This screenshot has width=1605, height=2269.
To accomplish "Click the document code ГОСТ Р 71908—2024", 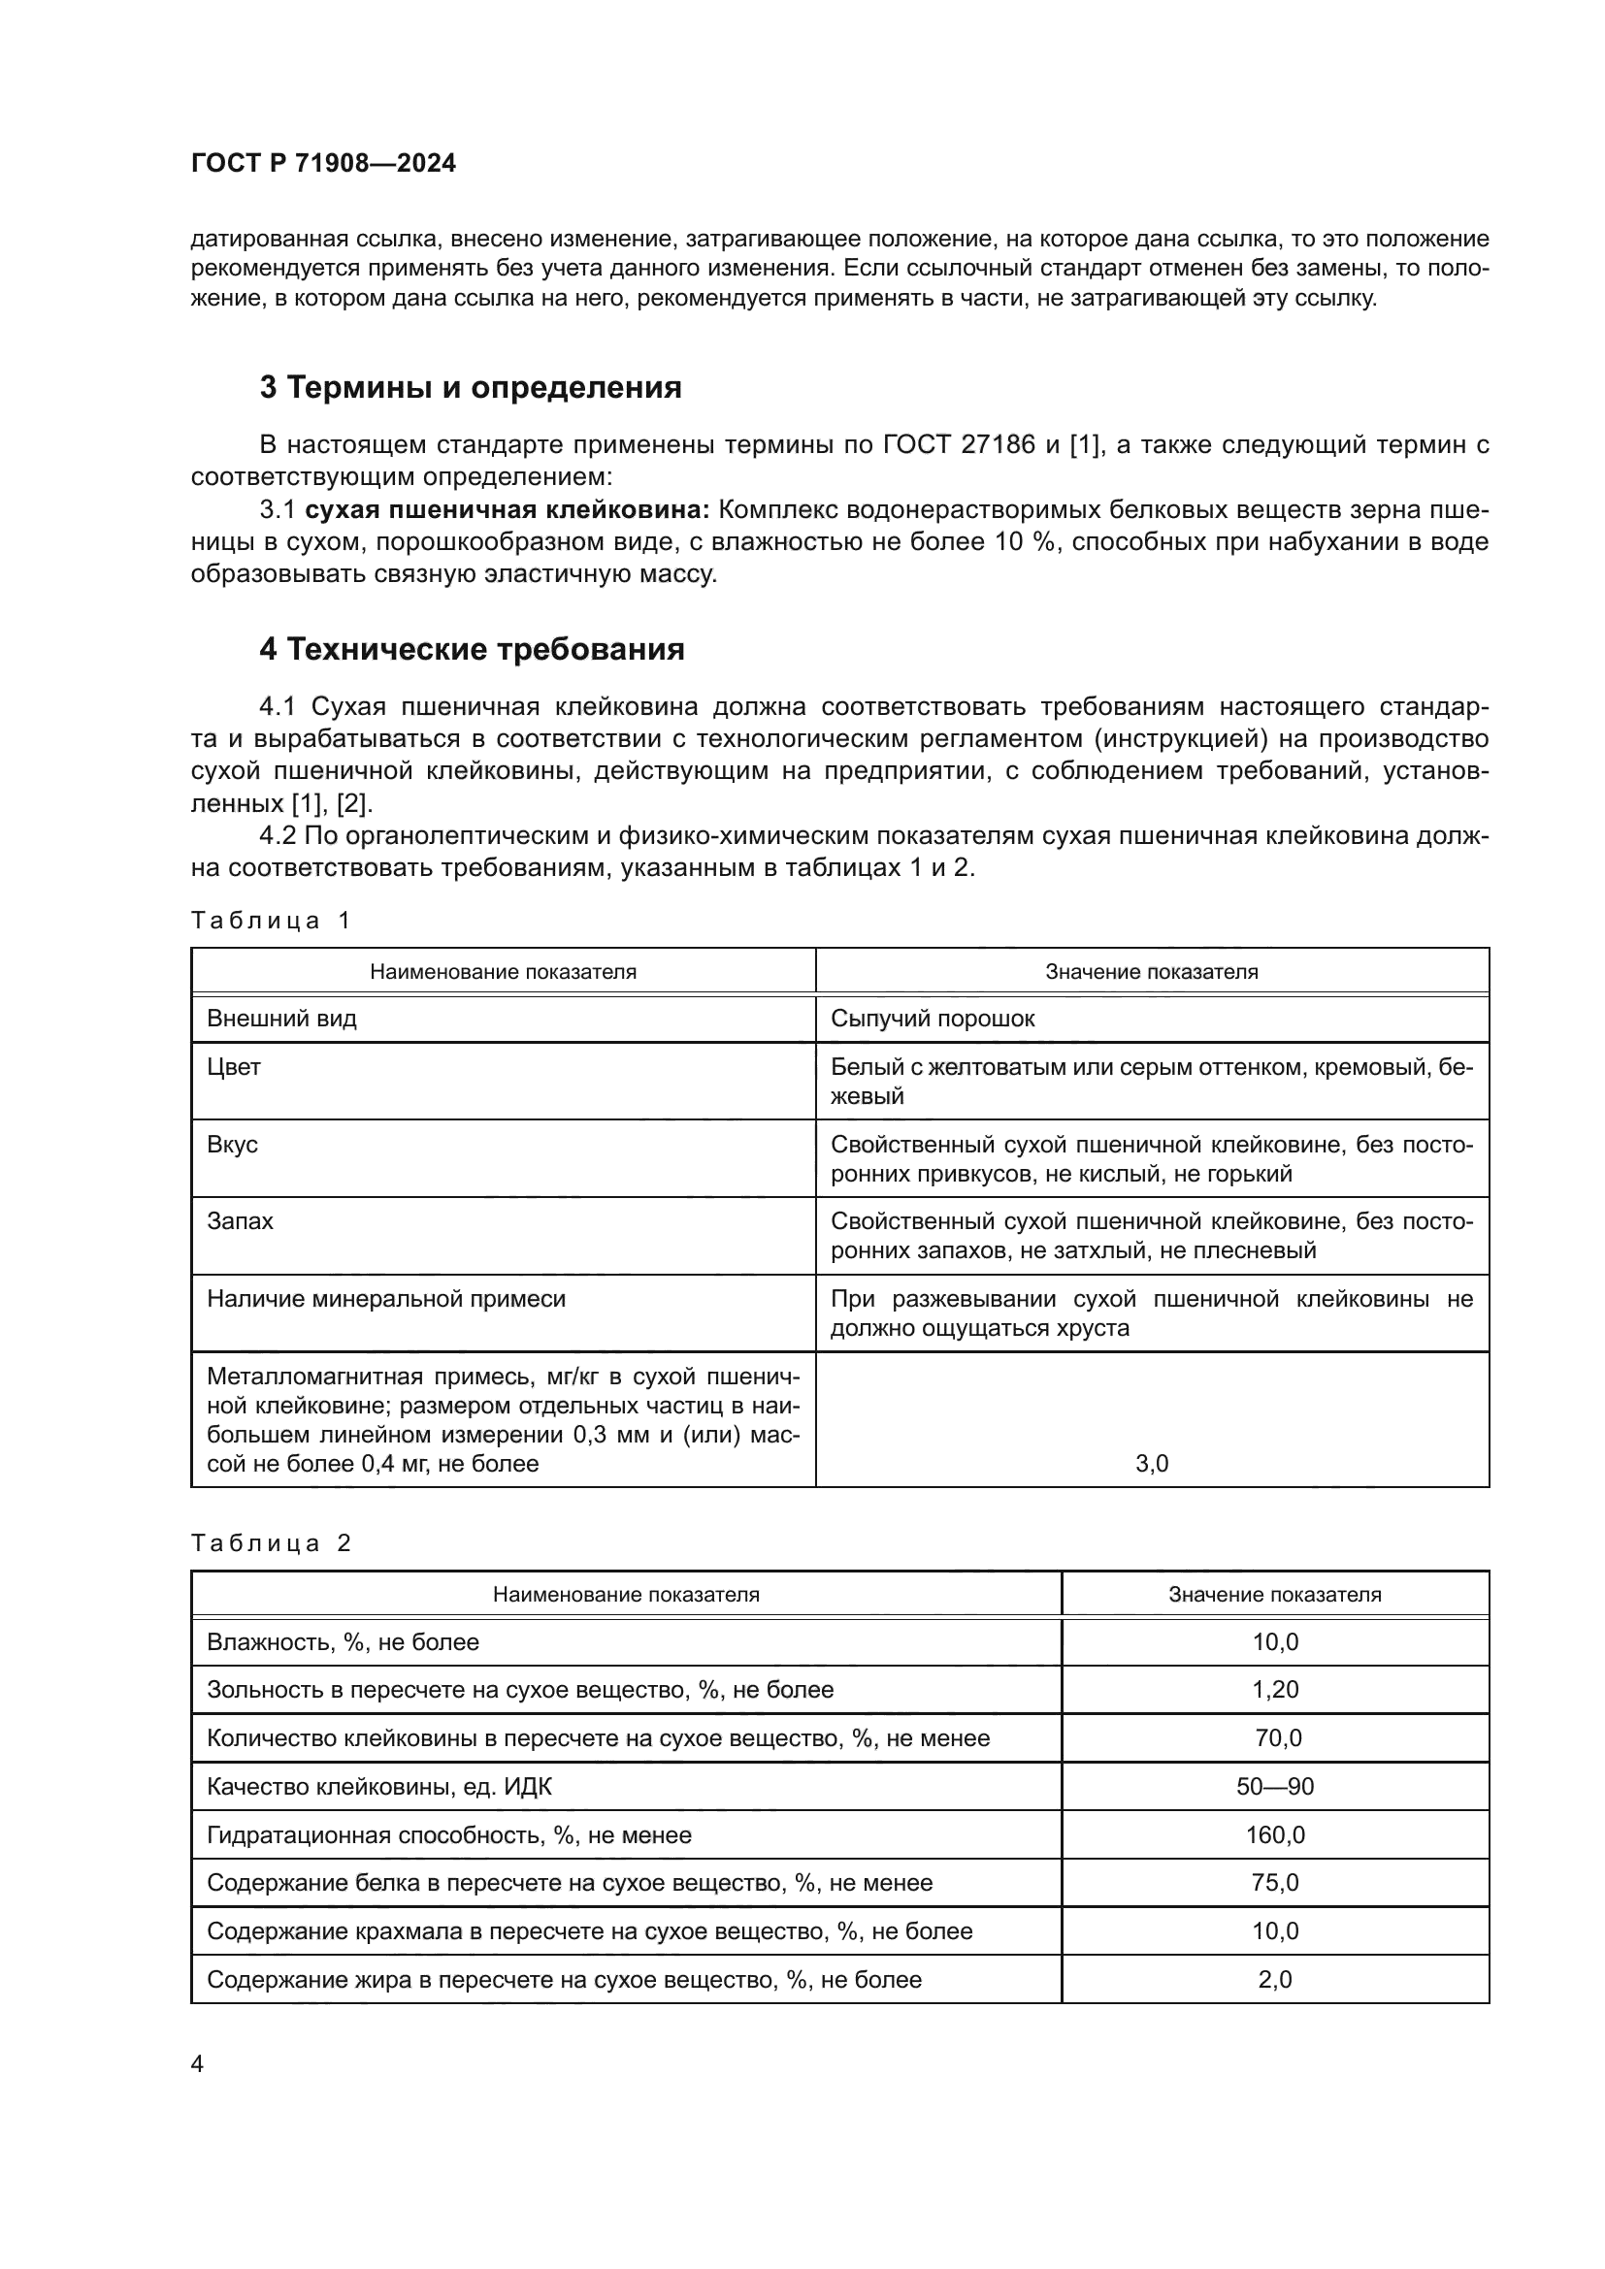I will pos(323,164).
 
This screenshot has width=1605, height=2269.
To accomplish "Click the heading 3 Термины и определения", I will pos(471,387).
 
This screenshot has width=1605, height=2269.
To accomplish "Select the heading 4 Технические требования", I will pos(472,649).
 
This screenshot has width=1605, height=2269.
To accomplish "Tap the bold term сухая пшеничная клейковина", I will pos(507,510).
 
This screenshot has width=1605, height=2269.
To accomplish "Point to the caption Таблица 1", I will pos(271,921).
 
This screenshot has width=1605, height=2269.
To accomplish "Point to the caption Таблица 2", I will pos(271,1543).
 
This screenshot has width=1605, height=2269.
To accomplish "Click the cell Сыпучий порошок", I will pos(932,1019).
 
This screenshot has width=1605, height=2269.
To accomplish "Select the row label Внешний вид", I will pos(281,1019).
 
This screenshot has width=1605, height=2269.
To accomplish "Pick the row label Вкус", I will pos(232,1145).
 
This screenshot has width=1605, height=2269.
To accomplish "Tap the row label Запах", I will pos(240,1221).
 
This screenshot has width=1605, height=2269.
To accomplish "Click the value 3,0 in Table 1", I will pos(1152,1464).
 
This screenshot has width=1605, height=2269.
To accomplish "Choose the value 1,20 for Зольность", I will pos(1275,1690).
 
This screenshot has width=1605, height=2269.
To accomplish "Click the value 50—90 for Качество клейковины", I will pos(1275,1787).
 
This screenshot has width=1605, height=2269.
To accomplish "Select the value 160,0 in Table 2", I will pos(1275,1835).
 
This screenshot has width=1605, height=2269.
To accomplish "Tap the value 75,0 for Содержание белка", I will pos(1275,1883).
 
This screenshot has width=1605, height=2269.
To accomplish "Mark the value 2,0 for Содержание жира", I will pos(1275,1980).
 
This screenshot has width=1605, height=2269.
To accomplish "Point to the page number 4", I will pos(197,2064).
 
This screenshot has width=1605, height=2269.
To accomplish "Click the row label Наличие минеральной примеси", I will pos(385,1300).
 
